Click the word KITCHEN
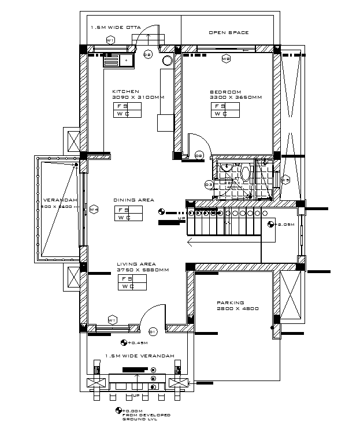pyautogui.click(x=125, y=92)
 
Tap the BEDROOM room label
pyautogui.click(x=225, y=92)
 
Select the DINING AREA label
pyautogui.click(x=133, y=200)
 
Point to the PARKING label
pyautogui.click(x=230, y=303)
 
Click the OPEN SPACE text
pyautogui.click(x=229, y=32)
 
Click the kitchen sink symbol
pyautogui.click(x=117, y=59)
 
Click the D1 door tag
pyautogui.click(x=153, y=331)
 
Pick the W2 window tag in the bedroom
pyautogui.click(x=226, y=59)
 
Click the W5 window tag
pyautogui.click(x=285, y=180)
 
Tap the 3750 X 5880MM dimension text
pyautogui.click(x=143, y=270)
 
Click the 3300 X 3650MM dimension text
pyautogui.click(x=236, y=98)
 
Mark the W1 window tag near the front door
pyautogui.click(x=112, y=319)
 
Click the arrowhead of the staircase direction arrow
pyautogui.click(x=189, y=243)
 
